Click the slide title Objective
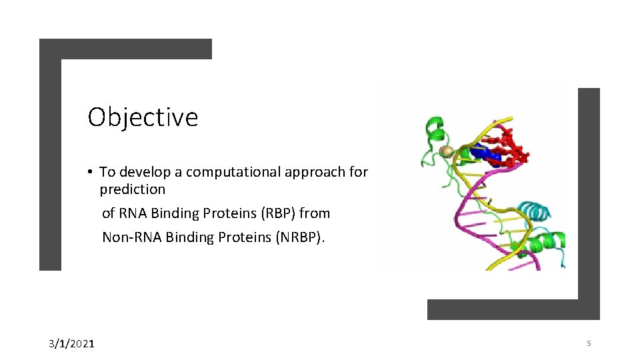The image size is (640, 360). tap(143, 117)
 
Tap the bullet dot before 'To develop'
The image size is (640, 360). tap(89, 172)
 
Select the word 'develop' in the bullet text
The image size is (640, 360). tap(145, 172)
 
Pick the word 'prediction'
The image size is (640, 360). tap(133, 189)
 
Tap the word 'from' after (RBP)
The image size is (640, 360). tap(315, 213)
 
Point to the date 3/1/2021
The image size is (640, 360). tap(71, 344)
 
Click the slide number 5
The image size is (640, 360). tap(589, 343)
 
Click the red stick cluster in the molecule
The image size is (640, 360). tap(513, 147)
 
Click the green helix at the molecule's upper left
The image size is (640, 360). tap(434, 127)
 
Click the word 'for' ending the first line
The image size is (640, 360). tap(358, 172)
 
